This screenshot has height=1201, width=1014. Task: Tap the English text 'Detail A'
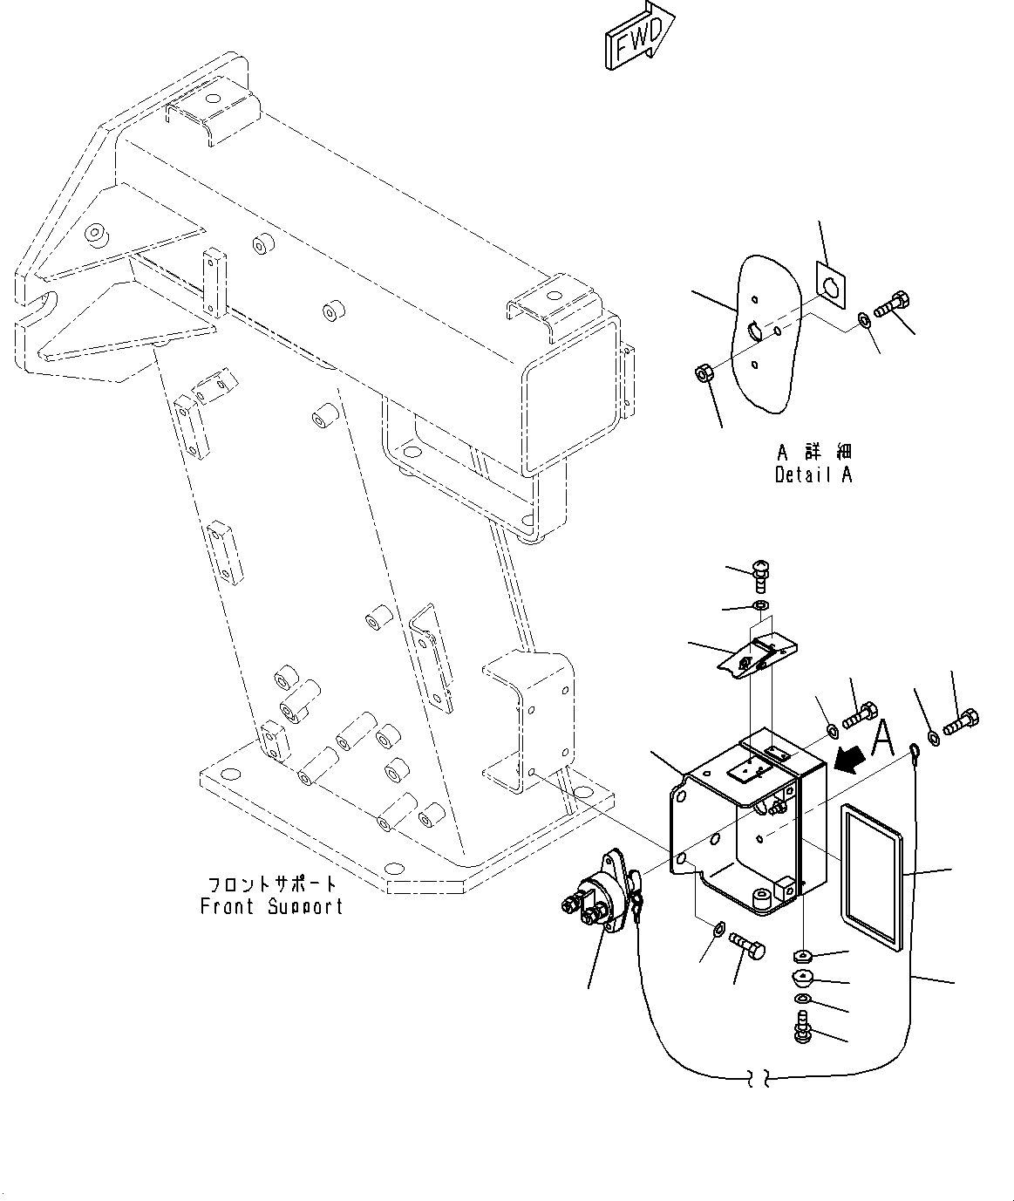point(813,474)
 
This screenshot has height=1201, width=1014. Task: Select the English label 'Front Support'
point(271,906)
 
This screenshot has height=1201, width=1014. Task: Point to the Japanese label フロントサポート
point(271,884)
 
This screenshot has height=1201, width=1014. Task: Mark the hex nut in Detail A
point(704,374)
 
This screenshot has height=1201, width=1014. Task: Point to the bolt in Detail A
point(891,306)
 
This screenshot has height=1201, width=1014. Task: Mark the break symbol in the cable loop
point(757,1080)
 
